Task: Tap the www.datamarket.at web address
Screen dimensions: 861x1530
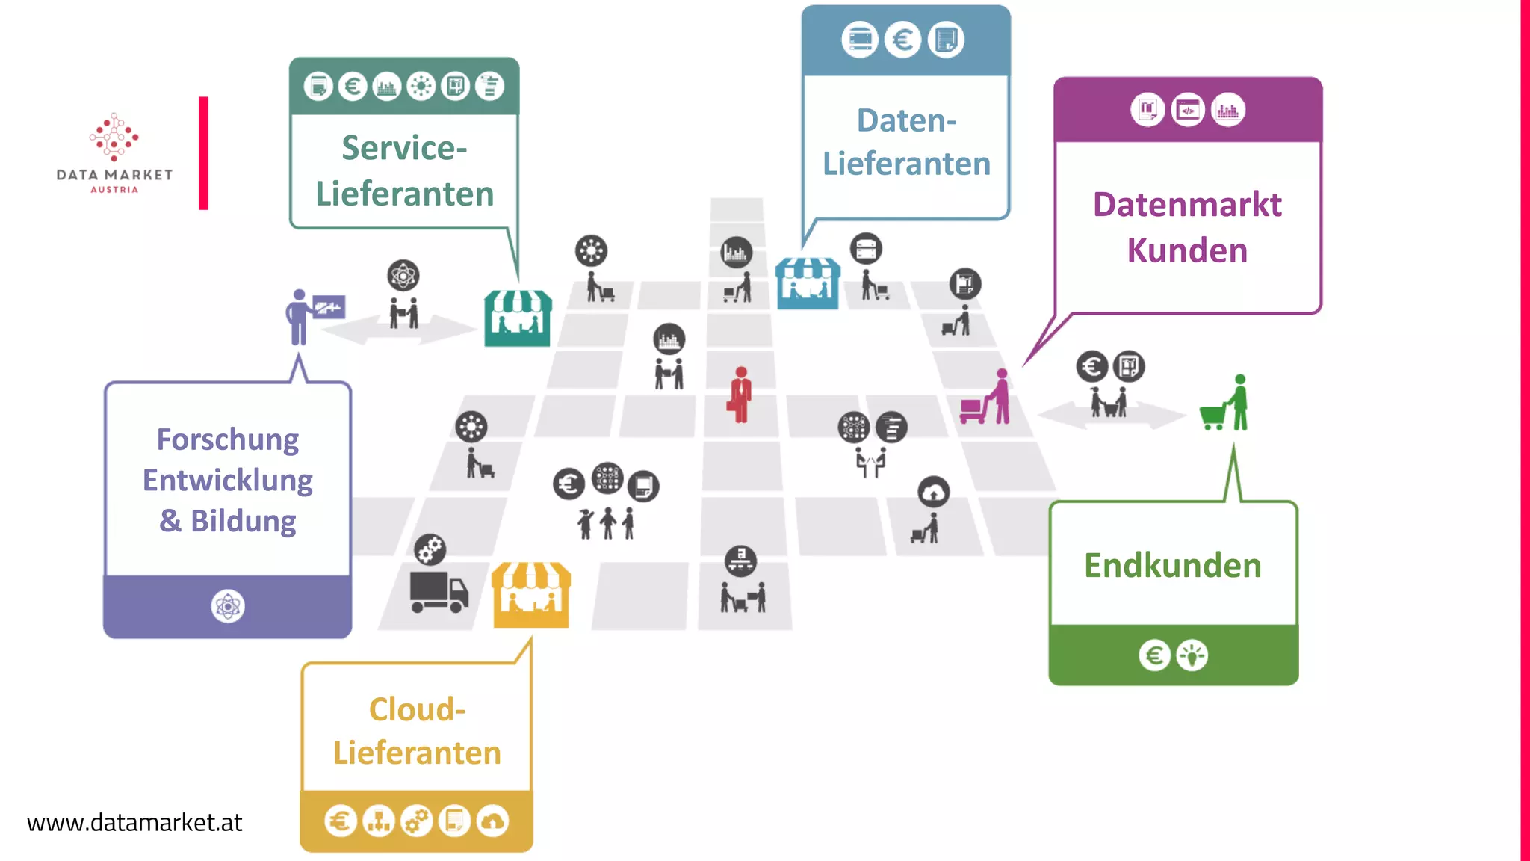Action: click(x=134, y=822)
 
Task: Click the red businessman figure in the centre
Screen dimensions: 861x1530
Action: click(x=740, y=395)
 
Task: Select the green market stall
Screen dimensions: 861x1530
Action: click(x=517, y=319)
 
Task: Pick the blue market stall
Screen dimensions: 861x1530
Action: click(x=807, y=284)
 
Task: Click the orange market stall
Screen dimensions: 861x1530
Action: click(x=531, y=595)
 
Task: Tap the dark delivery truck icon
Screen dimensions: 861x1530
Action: click(x=439, y=592)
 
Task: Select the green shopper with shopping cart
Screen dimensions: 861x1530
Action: click(x=1227, y=404)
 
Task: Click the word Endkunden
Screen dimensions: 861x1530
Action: click(x=1172, y=565)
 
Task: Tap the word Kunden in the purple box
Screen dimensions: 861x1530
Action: click(x=1187, y=250)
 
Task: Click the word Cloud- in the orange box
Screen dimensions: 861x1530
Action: click(x=417, y=709)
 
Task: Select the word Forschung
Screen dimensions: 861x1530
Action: click(x=227, y=439)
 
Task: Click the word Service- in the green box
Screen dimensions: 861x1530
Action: click(x=404, y=148)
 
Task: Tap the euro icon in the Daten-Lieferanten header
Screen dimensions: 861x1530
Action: click(x=902, y=40)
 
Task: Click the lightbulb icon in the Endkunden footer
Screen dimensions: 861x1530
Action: click(x=1192, y=655)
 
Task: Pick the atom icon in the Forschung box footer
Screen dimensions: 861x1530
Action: click(x=227, y=606)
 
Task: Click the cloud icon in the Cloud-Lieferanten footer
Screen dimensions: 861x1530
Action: click(x=492, y=821)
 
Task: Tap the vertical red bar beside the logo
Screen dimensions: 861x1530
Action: click(x=203, y=152)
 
